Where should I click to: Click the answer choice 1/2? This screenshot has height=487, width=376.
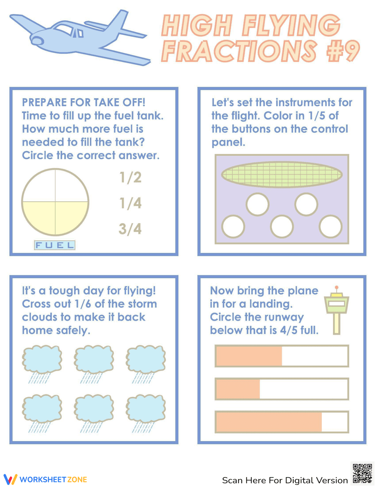point(130,177)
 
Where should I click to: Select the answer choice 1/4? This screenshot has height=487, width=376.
point(130,203)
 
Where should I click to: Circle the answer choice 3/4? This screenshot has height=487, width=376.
point(130,229)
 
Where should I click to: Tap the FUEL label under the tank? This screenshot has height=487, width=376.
point(55,245)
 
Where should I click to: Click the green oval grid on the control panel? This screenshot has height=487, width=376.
point(282,174)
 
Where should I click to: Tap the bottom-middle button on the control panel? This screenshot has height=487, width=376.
point(282,227)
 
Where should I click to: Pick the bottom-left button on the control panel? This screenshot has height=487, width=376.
point(233,227)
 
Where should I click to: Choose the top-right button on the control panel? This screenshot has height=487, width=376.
point(306,204)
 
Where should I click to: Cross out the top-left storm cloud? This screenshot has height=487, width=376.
point(42,359)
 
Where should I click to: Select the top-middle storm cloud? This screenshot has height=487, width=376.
point(94,359)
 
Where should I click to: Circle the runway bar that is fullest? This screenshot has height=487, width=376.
point(282,422)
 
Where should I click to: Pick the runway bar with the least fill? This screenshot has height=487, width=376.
point(282,389)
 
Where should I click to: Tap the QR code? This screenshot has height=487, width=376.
point(362,473)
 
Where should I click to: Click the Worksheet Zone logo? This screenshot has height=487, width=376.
point(45,479)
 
